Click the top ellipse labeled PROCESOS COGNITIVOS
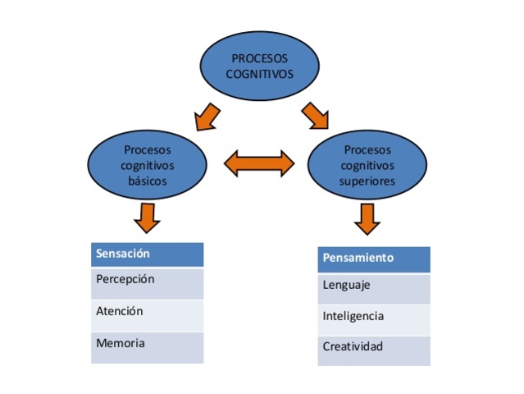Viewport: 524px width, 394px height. click(x=259, y=66)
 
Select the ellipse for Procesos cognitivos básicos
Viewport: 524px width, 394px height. click(x=148, y=164)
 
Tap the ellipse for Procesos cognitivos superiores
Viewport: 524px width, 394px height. click(x=367, y=164)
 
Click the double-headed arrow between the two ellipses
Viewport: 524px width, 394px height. click(x=258, y=163)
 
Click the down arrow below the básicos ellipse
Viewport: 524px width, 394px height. click(x=147, y=218)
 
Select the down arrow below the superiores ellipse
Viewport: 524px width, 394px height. click(x=367, y=218)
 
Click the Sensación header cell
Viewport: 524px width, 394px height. click(x=147, y=254)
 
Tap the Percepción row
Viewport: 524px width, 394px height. click(x=147, y=283)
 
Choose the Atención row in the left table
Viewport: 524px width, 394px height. click(x=147, y=315)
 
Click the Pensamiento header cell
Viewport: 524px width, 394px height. click(x=373, y=259)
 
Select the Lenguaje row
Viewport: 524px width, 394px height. click(x=373, y=288)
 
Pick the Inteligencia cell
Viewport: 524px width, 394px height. click(x=373, y=319)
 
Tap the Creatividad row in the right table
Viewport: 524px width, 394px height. click(x=373, y=350)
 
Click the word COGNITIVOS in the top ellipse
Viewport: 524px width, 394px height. click(x=259, y=73)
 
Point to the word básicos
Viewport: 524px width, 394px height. click(x=148, y=180)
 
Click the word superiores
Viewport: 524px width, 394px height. click(x=367, y=180)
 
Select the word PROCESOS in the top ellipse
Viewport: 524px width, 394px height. click(x=259, y=58)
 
